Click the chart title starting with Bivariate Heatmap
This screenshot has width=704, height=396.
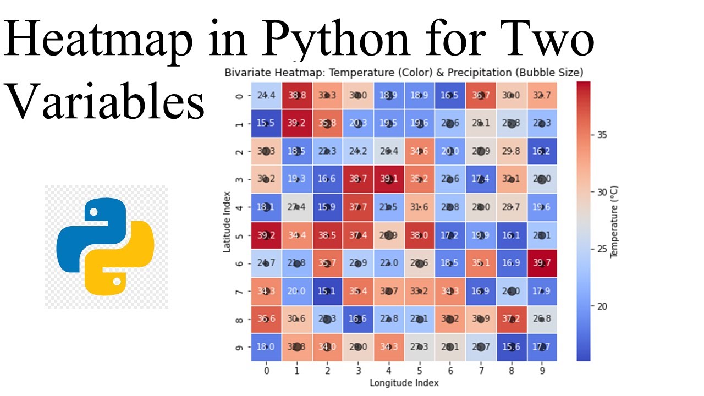(x=404, y=72)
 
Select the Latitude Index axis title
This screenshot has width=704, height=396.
(x=227, y=222)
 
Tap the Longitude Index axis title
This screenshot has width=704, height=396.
(x=404, y=382)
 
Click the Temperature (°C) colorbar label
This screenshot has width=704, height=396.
(x=614, y=222)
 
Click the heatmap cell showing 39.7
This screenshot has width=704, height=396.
(x=542, y=263)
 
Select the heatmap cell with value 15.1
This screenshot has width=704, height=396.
(x=327, y=291)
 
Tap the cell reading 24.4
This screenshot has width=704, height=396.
(x=266, y=95)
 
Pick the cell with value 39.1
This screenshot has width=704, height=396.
(x=389, y=179)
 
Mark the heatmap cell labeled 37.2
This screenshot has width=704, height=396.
(x=512, y=319)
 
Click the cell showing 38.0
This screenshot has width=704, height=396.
(x=420, y=235)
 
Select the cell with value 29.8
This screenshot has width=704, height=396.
(x=512, y=151)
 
